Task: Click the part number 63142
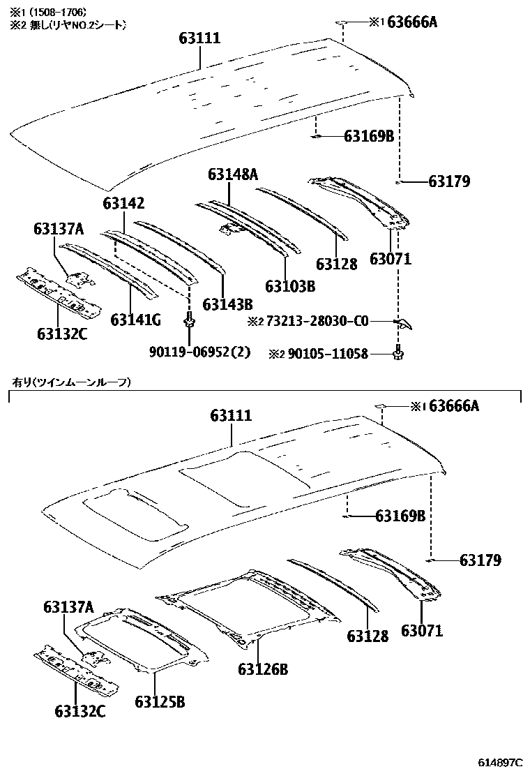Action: point(123,204)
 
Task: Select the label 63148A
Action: point(232,174)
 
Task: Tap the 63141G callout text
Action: point(136,320)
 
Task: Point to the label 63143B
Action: point(227,304)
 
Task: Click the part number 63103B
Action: point(290,286)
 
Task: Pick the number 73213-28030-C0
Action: point(315,322)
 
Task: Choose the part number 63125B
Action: point(160,701)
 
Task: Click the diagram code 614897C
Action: point(500,761)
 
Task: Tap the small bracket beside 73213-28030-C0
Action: point(403,322)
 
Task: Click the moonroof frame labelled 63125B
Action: point(139,639)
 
